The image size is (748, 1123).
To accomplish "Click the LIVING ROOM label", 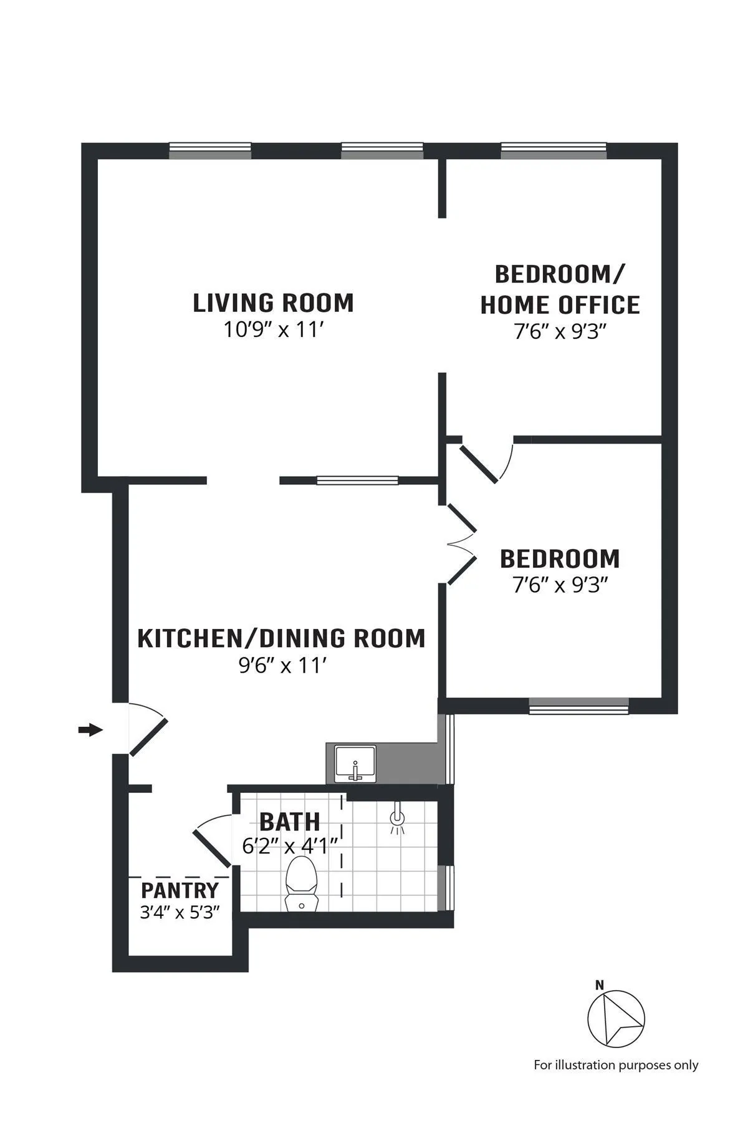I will pos(273,303).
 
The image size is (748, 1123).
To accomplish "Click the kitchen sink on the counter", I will pos(355,764).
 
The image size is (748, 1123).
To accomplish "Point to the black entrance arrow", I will pos(90,729).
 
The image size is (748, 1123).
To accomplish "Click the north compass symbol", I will pos(616,1019).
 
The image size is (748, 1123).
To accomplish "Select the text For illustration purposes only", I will pos(616,1065).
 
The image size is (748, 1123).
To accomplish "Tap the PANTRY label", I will pos(180,890).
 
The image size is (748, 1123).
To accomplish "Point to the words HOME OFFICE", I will pos(560,304).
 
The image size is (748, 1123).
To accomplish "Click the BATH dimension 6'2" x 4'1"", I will pos(290,846).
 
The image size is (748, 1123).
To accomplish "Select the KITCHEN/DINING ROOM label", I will pos(281,638).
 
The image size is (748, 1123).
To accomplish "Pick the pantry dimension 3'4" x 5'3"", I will pos(180,913).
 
